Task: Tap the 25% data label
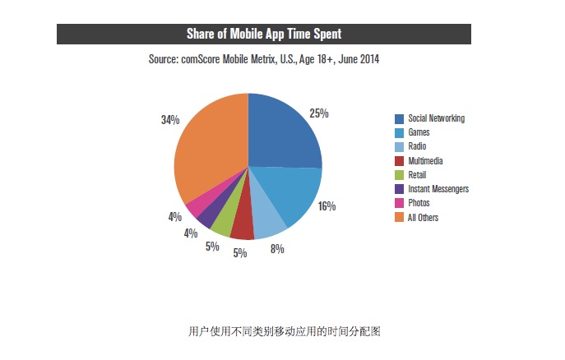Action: point(319,113)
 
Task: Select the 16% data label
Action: point(326,205)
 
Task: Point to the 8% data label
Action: point(277,249)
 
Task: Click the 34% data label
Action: point(170,120)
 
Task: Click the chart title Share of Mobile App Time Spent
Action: point(263,34)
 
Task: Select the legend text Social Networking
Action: point(436,118)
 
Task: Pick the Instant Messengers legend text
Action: point(438,189)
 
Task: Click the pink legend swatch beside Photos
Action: point(399,203)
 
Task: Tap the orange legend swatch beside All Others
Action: point(399,218)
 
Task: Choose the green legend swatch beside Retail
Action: point(399,175)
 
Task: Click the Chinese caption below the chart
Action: point(284,332)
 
